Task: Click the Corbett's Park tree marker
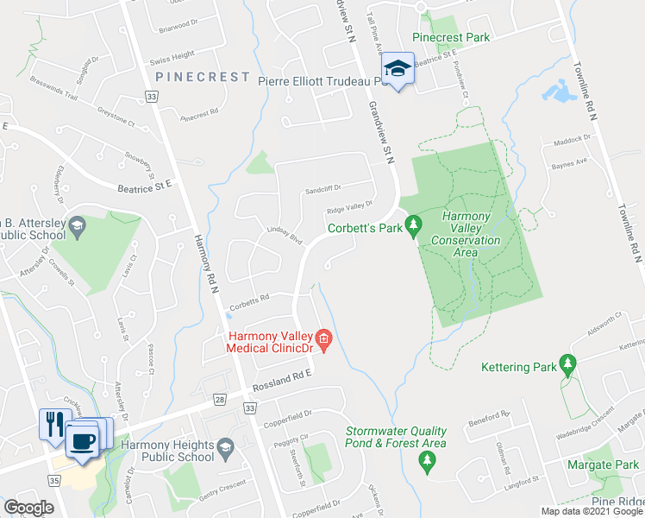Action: (414, 227)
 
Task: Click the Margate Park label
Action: (602, 464)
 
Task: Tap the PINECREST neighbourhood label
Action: (203, 77)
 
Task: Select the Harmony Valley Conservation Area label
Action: (466, 228)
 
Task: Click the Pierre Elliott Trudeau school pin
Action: (397, 70)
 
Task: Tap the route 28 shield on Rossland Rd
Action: (219, 399)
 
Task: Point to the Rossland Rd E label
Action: (280, 381)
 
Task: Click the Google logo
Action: (29, 508)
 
